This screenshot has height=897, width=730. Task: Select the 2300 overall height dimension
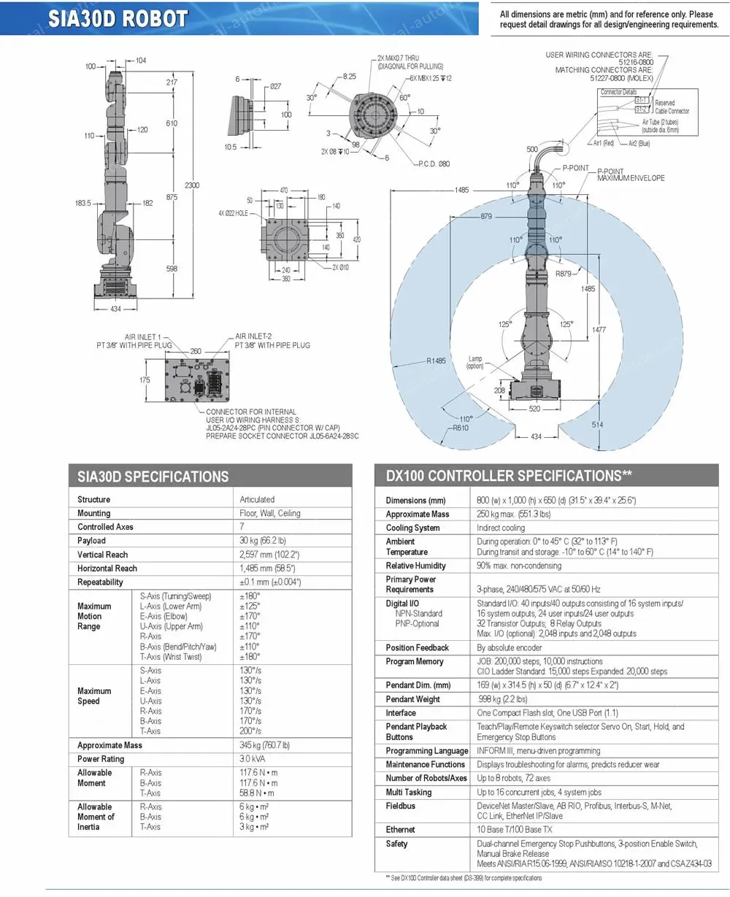pyautogui.click(x=192, y=185)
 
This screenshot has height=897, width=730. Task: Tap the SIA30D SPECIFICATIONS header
pyautogui.click(x=153, y=477)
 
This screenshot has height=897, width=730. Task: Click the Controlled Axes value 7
pyautogui.click(x=242, y=527)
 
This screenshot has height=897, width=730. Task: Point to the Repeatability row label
pyautogui.click(x=100, y=582)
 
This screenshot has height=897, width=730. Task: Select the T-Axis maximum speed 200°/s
pyautogui.click(x=250, y=731)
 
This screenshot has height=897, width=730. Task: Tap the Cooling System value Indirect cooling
pyautogui.click(x=501, y=528)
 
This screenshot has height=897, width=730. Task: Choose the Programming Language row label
pyautogui.click(x=426, y=751)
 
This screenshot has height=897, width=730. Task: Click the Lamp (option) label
pyautogui.click(x=476, y=363)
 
